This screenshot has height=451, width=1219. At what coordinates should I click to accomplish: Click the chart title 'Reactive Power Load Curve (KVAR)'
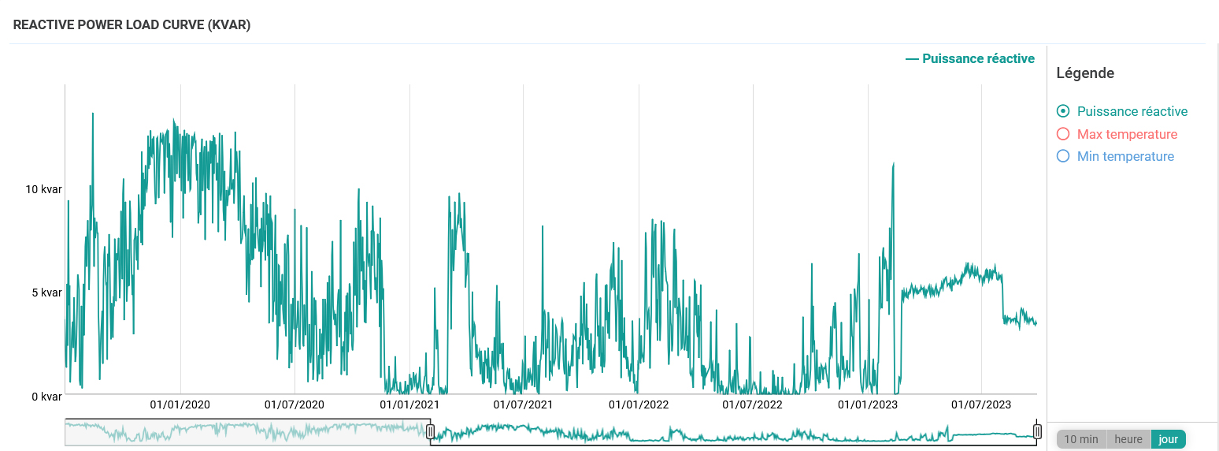[132, 24]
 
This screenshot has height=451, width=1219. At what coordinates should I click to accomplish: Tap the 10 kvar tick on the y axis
[43, 189]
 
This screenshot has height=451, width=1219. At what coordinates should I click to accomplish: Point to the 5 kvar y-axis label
[46, 293]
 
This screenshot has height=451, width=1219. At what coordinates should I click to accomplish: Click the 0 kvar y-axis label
[46, 396]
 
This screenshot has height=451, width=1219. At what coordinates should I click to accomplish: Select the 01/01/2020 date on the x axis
[180, 404]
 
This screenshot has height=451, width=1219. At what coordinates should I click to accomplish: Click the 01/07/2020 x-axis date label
[295, 404]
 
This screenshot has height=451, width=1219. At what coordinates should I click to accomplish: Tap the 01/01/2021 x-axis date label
[409, 404]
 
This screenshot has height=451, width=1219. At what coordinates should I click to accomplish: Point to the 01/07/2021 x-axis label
[524, 404]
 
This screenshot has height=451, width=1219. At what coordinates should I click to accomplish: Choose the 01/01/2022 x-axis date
[639, 404]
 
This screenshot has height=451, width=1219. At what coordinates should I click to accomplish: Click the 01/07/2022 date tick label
[753, 404]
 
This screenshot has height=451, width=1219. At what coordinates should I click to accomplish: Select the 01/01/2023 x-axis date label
[868, 404]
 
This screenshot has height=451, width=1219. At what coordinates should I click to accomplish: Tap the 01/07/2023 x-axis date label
[981, 404]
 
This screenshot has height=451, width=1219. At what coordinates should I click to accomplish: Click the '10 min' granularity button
[1081, 439]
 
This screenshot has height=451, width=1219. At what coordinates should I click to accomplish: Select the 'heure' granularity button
[1128, 439]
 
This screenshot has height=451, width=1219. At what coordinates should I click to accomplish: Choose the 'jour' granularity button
[1169, 439]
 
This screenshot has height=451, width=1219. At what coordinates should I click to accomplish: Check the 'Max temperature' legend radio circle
[1063, 134]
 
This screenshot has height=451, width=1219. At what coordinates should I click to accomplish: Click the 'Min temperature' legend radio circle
[1063, 156]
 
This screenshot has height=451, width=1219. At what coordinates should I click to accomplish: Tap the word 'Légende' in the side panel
[1085, 73]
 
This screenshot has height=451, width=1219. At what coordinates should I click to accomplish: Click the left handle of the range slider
[430, 431]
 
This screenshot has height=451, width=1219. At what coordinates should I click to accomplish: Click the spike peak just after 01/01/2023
[893, 164]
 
